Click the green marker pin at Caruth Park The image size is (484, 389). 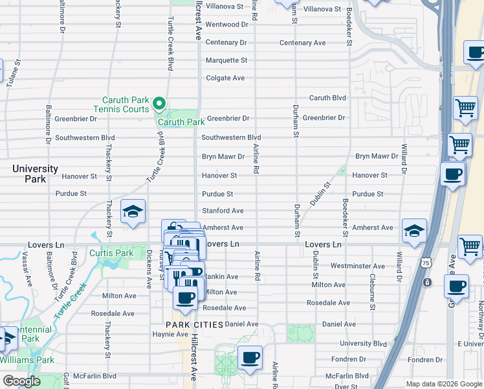coord(159,104)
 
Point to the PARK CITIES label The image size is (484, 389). coord(194,324)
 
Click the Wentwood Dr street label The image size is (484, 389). coord(226,25)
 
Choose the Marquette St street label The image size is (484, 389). coord(226,60)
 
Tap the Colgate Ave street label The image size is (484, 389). coord(225,78)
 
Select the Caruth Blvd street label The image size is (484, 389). coord(327,98)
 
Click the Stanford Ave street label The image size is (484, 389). coord(223,211)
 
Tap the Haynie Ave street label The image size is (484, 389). coord(170,334)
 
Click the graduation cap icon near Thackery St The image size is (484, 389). coord(133,213)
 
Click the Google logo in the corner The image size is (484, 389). coord(21,381)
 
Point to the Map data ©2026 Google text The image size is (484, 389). coord(443,384)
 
